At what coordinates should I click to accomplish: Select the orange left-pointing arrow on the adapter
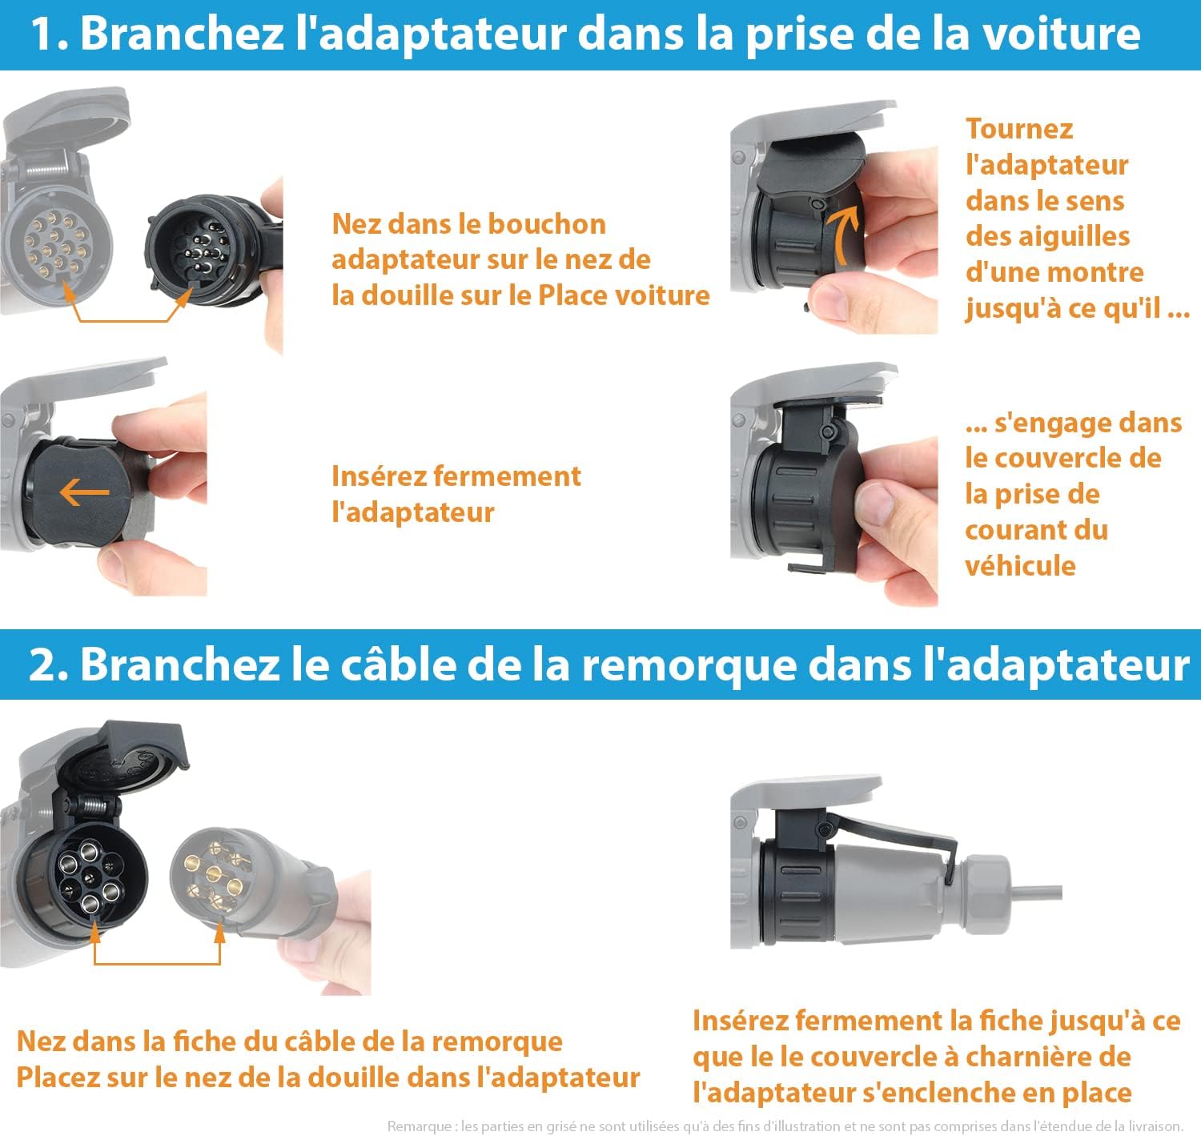click(84, 492)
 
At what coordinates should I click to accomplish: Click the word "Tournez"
click(1019, 129)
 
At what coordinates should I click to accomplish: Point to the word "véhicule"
click(1020, 566)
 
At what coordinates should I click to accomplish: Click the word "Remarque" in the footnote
click(420, 1126)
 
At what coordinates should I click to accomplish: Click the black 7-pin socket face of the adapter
click(88, 877)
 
